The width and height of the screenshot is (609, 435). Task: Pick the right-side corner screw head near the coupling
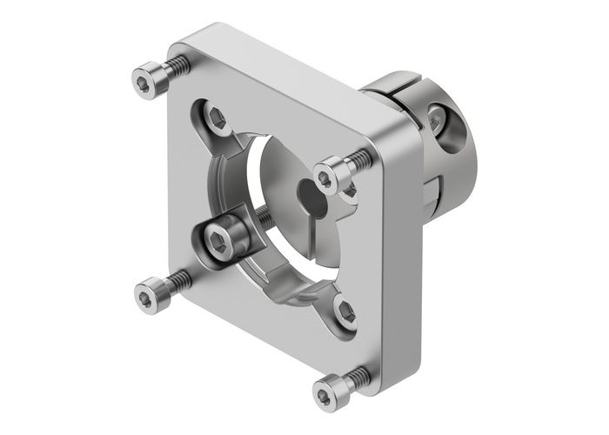coord(327,177)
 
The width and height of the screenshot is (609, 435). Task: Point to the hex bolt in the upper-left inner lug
coord(213,114)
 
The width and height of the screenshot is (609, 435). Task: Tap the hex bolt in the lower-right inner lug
coord(345,311)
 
